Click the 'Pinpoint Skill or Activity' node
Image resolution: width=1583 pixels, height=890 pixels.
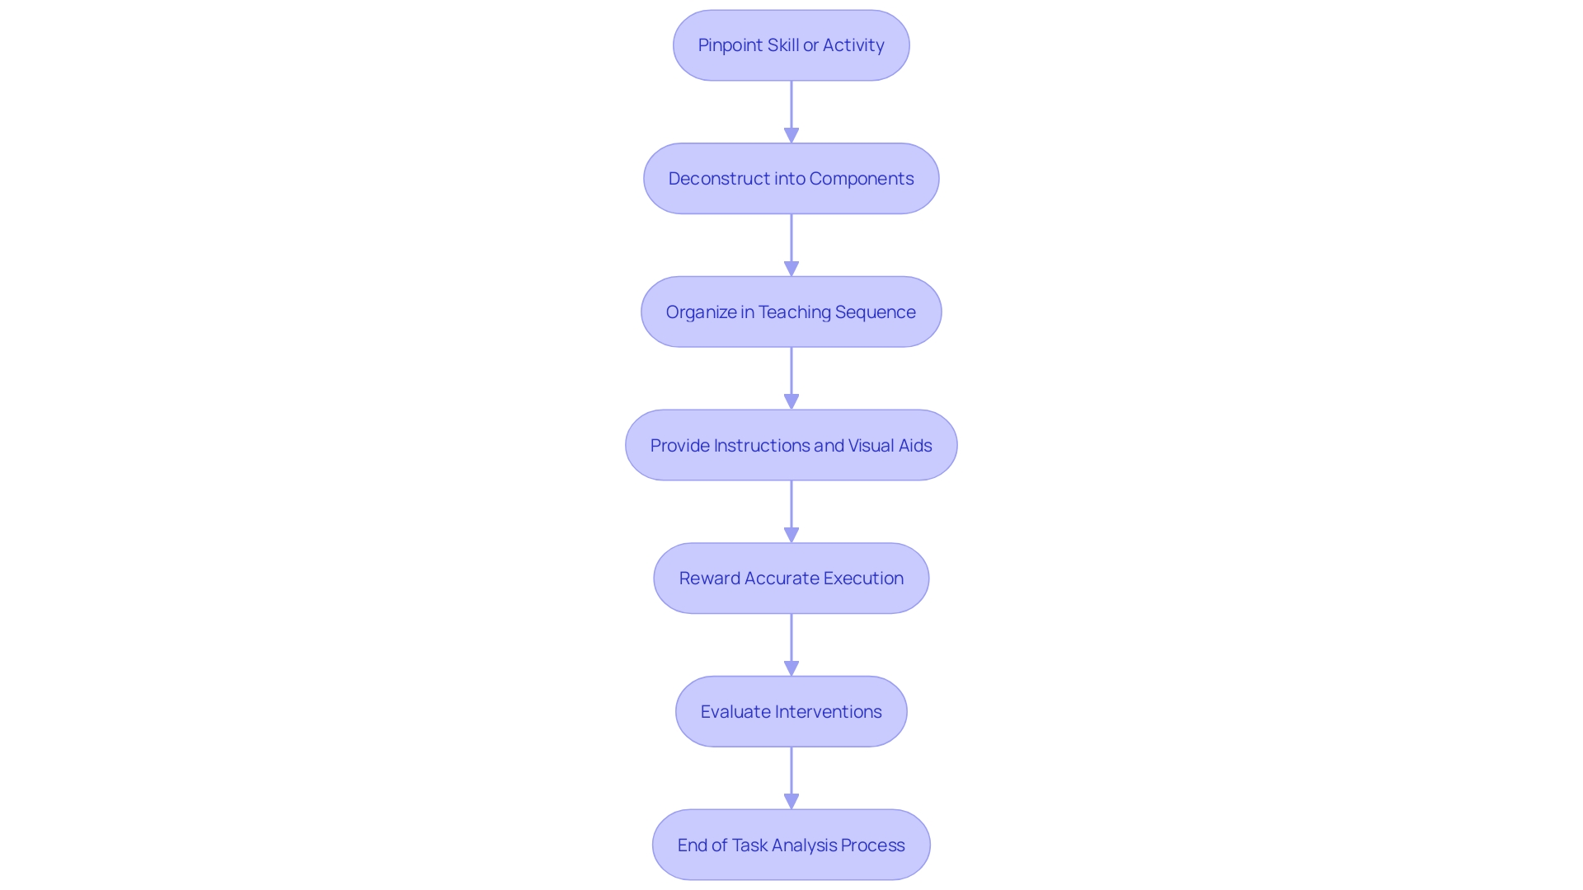(x=791, y=45)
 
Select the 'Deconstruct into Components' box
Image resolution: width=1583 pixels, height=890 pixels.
(x=791, y=179)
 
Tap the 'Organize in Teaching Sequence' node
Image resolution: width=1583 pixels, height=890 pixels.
(x=791, y=312)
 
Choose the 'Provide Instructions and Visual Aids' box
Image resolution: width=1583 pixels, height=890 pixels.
(x=791, y=446)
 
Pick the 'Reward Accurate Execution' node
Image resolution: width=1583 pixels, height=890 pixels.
(x=791, y=578)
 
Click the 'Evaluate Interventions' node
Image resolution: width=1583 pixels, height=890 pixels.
(x=791, y=712)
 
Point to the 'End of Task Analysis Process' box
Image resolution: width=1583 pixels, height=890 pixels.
(x=791, y=845)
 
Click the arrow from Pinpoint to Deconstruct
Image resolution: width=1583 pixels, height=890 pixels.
(x=791, y=111)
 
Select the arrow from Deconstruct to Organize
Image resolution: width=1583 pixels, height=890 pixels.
(x=791, y=245)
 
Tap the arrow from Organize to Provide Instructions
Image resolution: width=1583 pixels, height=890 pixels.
(x=791, y=377)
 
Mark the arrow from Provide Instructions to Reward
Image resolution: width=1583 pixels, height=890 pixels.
(x=791, y=511)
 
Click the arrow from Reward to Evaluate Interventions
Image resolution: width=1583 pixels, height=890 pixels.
(x=791, y=644)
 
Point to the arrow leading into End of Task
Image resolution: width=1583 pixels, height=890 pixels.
(x=791, y=778)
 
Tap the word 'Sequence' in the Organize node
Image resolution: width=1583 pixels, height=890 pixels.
(x=875, y=312)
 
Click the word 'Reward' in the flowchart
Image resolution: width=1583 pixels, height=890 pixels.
(x=709, y=578)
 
